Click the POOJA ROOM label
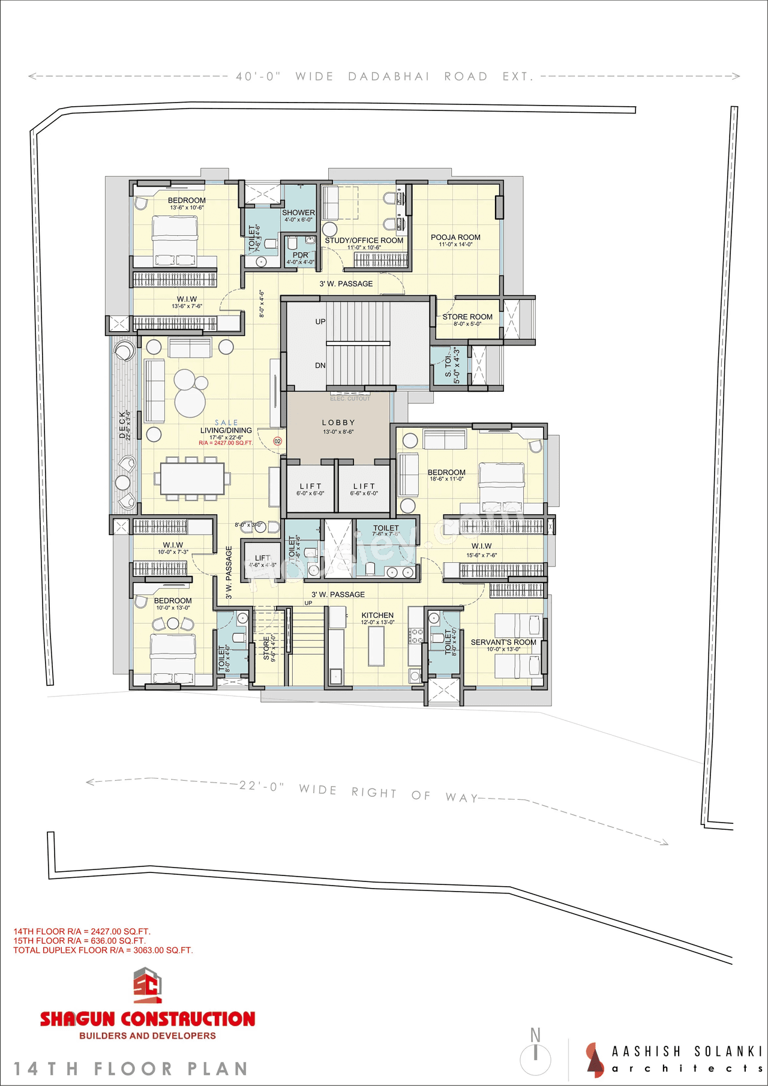(455, 238)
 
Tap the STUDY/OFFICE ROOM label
(364, 241)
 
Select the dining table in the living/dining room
(192, 478)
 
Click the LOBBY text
(338, 423)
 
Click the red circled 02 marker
(277, 441)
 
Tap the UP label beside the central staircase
(320, 322)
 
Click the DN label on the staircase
(320, 365)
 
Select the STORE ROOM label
(467, 317)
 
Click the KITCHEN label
(377, 616)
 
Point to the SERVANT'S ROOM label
(503, 642)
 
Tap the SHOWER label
(298, 213)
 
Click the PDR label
(300, 255)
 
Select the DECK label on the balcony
(122, 425)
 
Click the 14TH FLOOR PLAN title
(131, 1069)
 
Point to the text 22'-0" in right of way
(262, 785)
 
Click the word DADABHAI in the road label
(389, 76)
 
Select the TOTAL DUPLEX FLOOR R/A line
(103, 950)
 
